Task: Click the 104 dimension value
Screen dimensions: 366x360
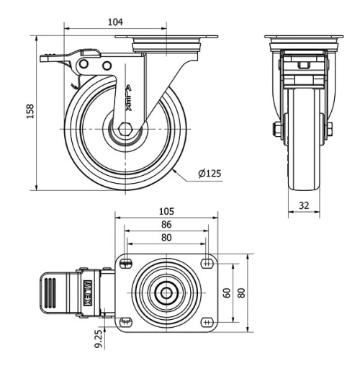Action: tap(115, 22)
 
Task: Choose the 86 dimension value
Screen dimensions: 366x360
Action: tap(166, 224)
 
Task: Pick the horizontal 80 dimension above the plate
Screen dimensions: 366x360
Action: tap(166, 236)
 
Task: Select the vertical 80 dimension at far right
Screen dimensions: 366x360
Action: tap(242, 293)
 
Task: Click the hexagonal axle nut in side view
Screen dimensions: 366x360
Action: tap(125, 130)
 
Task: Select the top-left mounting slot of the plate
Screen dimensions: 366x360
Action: tap(127, 264)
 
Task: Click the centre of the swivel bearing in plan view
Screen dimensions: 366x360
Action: tap(166, 293)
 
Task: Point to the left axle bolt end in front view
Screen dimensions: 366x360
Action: tap(276, 130)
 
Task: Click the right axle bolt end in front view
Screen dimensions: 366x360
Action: tap(330, 130)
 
